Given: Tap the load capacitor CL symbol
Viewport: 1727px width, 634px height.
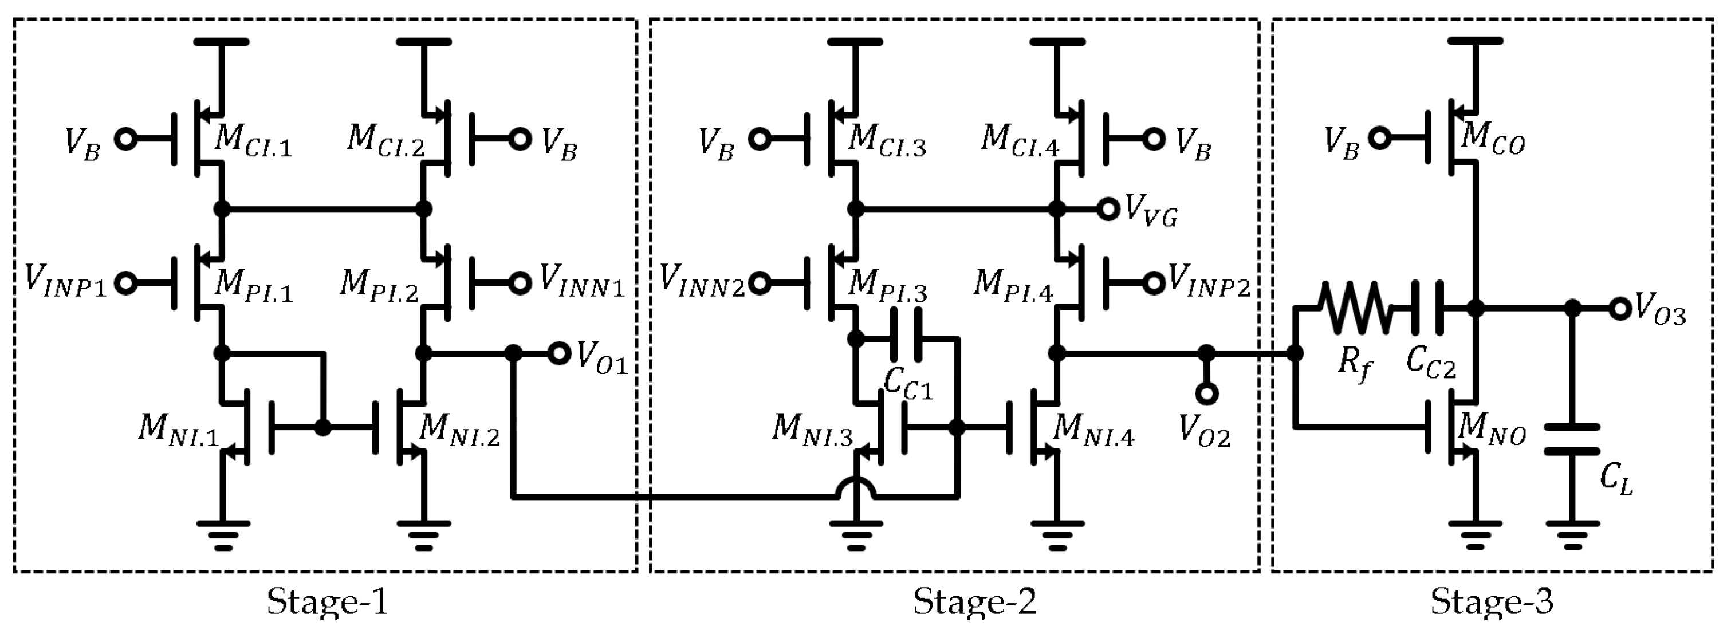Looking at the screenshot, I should click(1572, 439).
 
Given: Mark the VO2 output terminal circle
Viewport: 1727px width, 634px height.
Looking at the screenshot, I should click(1206, 394).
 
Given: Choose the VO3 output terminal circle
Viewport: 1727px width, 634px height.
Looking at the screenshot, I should click(1620, 308).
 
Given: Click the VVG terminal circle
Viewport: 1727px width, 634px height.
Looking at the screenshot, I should click(1109, 209).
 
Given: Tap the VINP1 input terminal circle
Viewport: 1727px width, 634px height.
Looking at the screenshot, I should click(125, 283).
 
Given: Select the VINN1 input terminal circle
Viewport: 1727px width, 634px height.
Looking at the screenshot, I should click(520, 283).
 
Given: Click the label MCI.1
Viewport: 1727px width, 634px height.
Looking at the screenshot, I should click(253, 142).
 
